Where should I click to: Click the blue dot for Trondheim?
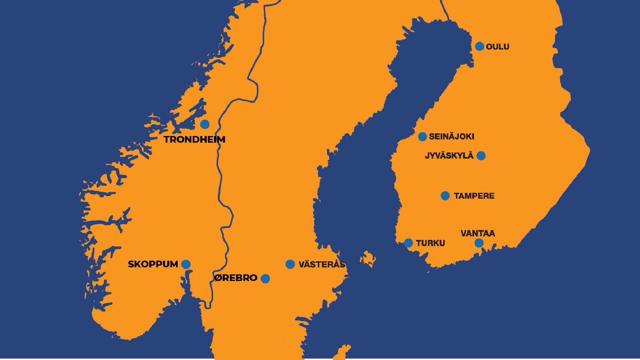pos(205,124)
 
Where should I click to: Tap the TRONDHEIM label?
pos(194,139)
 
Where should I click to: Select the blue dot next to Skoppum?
pos(186,264)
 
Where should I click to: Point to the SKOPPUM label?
pos(153,264)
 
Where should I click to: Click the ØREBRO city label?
pos(236,278)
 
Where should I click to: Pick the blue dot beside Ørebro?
pos(265,279)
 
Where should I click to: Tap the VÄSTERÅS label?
pos(322,264)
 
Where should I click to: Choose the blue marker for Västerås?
pos(290,264)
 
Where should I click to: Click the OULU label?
pos(497,47)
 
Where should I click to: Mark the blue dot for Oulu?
pos(480,46)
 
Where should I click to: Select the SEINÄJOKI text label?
pos(451,136)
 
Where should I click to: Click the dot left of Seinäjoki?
pos(422,137)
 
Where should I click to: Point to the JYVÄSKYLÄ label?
pos(449,156)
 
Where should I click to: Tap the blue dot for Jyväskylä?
pos(481,156)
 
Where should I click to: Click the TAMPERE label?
pos(474,196)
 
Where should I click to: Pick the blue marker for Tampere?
pos(445,196)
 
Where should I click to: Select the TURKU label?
pos(430,243)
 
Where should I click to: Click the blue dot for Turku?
pos(408,243)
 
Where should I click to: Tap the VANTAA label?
pos(478,233)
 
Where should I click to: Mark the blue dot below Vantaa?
pos(479,243)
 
